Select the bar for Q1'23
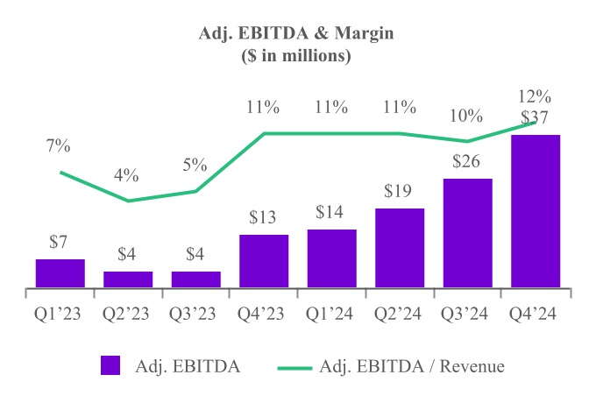tap(60, 273)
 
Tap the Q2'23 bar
tap(128, 279)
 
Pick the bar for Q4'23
tap(264, 261)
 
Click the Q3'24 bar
tap(467, 233)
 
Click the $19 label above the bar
tap(400, 192)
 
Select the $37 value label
tap(535, 117)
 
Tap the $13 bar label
tap(264, 218)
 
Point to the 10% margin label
tap(467, 116)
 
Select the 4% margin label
tap(127, 175)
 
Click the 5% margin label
tap(195, 165)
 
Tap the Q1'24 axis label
tap(331, 312)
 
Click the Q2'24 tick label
tap(400, 312)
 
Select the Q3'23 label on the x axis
tap(195, 312)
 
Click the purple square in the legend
tap(110, 366)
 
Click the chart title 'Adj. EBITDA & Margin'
tap(296, 36)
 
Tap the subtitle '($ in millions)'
tap(296, 56)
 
